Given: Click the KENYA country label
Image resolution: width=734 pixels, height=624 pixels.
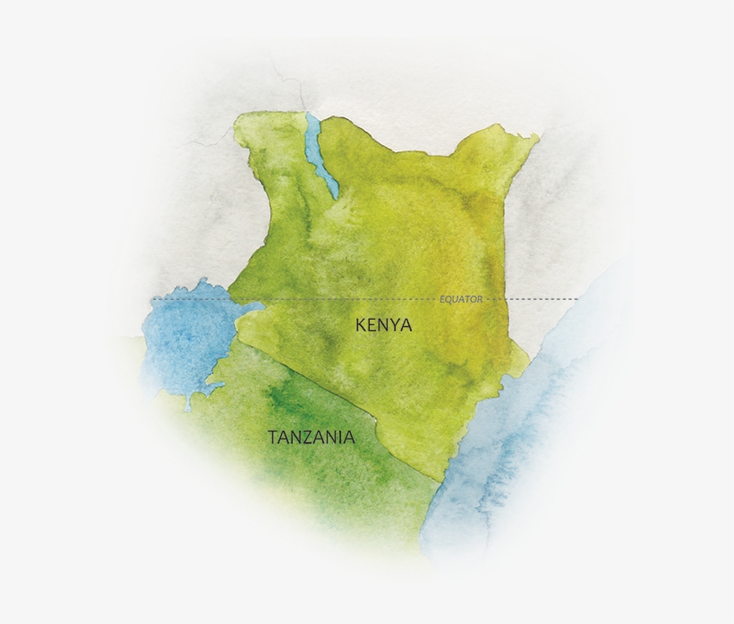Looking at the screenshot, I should pyautogui.click(x=383, y=325).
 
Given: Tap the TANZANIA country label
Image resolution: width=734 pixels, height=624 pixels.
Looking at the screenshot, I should pyautogui.click(x=311, y=438).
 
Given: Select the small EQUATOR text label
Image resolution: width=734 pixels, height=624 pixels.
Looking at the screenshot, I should pyautogui.click(x=461, y=299).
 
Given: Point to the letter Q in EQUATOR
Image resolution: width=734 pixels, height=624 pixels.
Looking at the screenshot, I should pyautogui.click(x=448, y=299).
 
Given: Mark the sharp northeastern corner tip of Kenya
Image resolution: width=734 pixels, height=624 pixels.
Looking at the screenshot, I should pyautogui.click(x=538, y=136).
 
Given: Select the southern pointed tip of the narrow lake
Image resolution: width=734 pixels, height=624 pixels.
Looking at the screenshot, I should pyautogui.click(x=334, y=196).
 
